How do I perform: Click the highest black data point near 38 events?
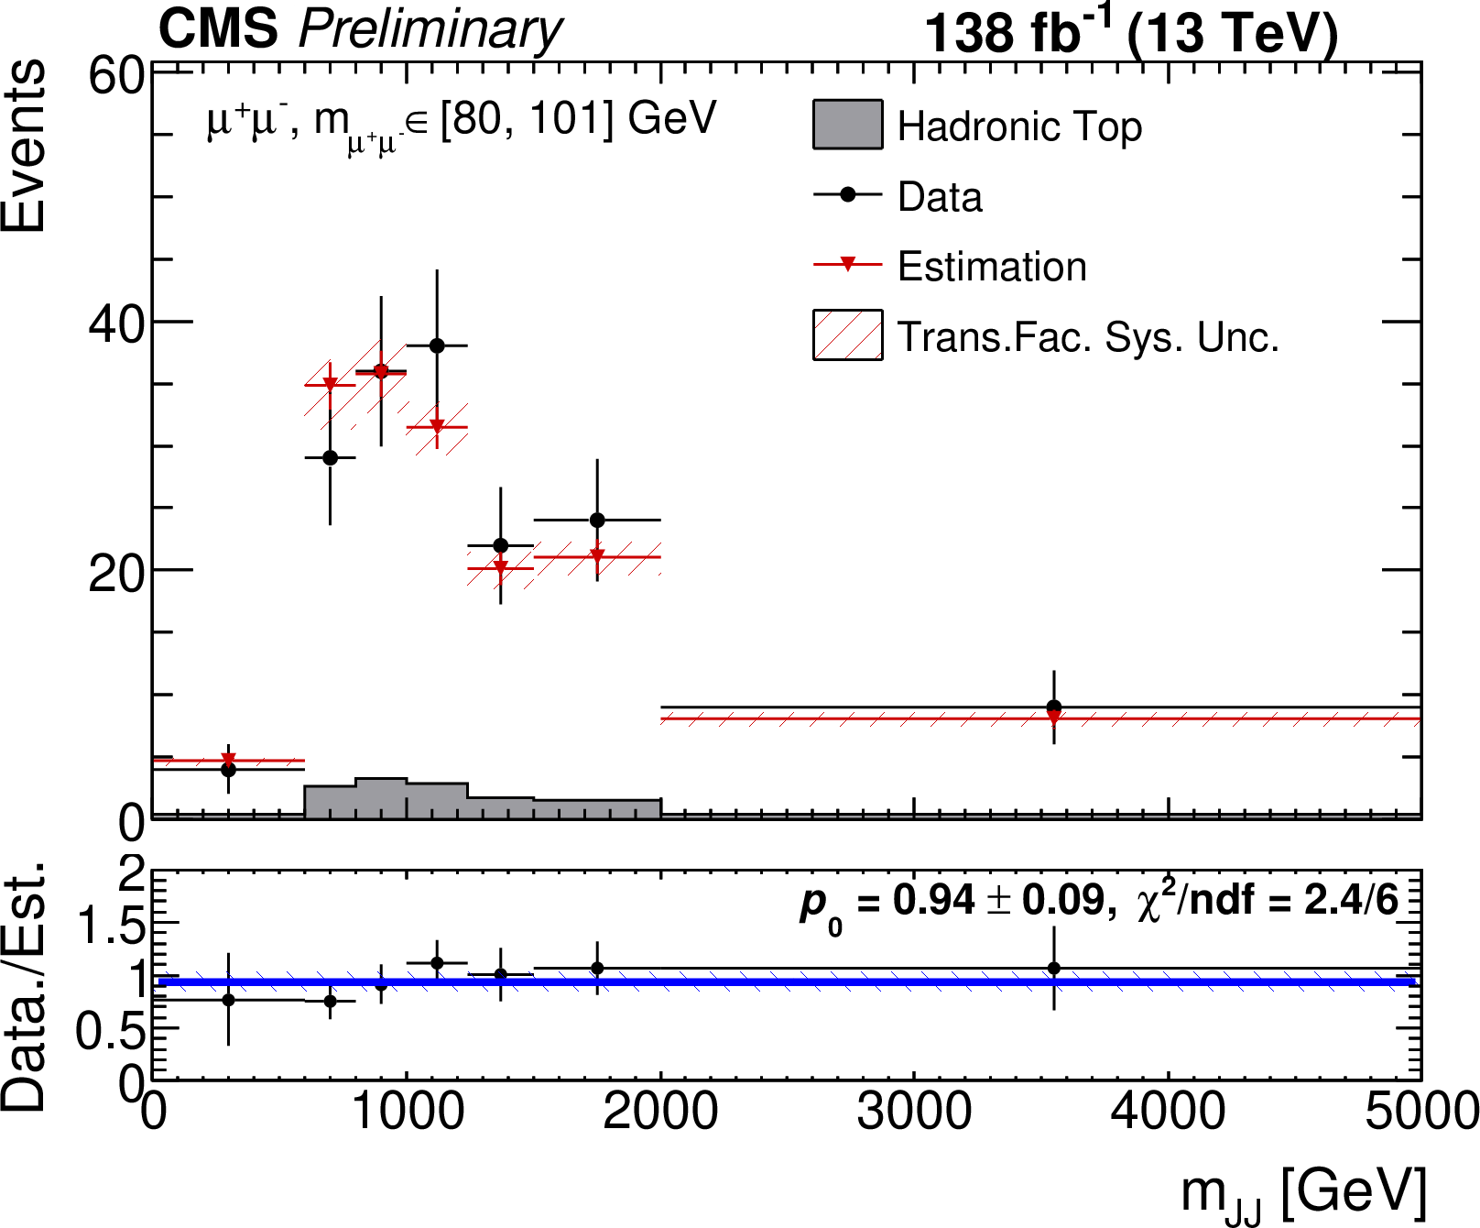[x=437, y=345]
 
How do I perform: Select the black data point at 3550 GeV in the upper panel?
[x=1054, y=707]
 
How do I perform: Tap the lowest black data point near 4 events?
[x=228, y=770]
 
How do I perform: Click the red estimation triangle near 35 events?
[x=330, y=384]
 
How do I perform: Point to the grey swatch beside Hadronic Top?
[x=847, y=125]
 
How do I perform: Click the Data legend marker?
[x=847, y=194]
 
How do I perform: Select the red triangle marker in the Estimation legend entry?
[x=847, y=265]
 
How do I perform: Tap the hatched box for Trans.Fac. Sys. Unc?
[x=847, y=334]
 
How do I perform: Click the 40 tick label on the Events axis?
[x=116, y=323]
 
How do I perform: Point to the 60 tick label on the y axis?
[x=116, y=76]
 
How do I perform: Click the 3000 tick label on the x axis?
[x=913, y=1113]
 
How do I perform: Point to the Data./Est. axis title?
[x=24, y=985]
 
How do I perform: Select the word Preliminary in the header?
[x=430, y=29]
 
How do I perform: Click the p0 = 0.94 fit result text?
[x=952, y=903]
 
